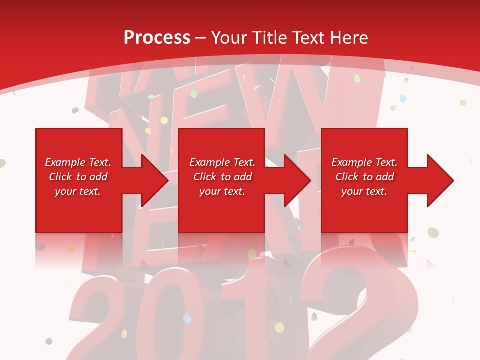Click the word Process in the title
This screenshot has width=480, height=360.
click(157, 37)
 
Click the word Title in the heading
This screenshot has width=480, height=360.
click(269, 37)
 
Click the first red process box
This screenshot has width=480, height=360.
click(79, 210)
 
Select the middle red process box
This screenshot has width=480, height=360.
click(221, 210)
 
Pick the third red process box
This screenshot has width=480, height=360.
click(364, 210)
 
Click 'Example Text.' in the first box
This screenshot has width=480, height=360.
click(78, 162)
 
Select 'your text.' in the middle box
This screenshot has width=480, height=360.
click(222, 191)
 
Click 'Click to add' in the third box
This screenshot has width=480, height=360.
click(364, 177)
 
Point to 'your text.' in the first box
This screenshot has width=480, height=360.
click(78, 191)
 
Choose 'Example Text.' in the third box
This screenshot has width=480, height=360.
click(364, 162)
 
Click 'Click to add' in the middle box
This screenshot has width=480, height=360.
click(222, 177)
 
